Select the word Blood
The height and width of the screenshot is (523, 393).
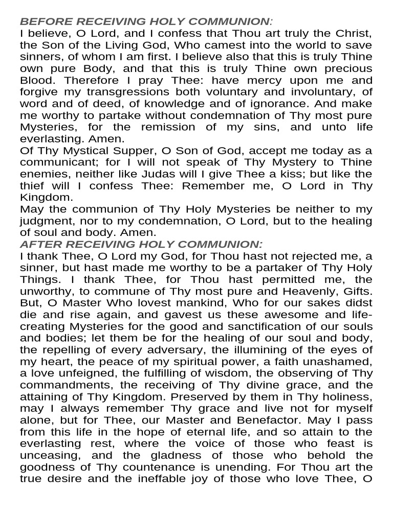coord(37,81)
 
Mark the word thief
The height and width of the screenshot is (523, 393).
coord(35,186)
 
